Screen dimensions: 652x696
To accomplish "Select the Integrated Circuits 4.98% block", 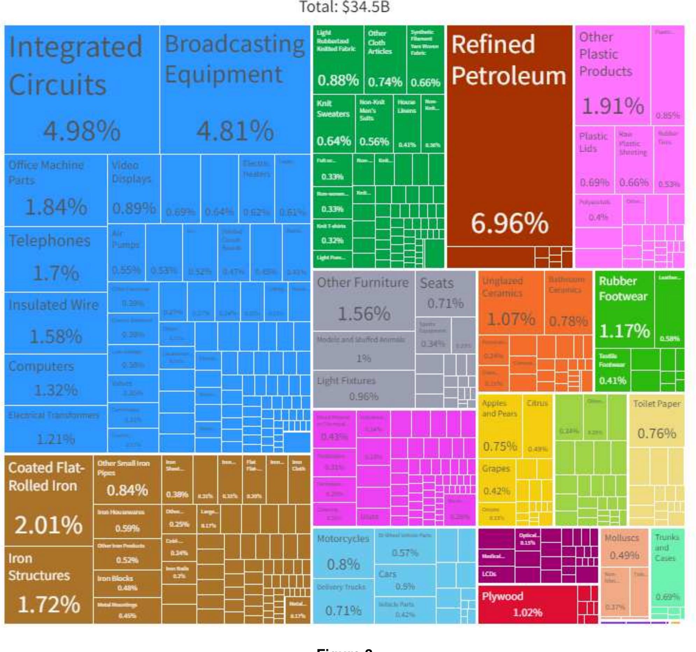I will click(82, 89).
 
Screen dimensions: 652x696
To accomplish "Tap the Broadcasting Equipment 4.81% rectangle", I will click(235, 89).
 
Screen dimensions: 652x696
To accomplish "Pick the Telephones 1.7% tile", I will click(56, 259).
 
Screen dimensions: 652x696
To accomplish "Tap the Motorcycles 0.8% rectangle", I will click(343, 554).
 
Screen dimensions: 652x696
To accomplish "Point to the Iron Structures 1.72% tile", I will click(49, 585).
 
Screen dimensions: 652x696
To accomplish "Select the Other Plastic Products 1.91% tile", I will click(612, 75).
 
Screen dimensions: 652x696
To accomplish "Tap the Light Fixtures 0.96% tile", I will click(363, 389).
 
